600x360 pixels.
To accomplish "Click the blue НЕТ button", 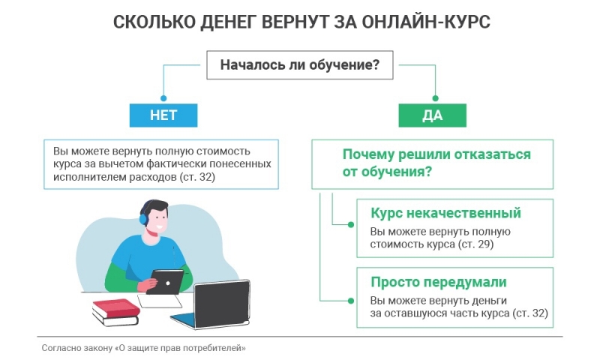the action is tap(163, 115).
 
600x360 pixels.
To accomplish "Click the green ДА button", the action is tap(433, 115).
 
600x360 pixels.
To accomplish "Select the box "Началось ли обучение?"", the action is tap(299, 65).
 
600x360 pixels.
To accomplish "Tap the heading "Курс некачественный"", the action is tap(445, 213).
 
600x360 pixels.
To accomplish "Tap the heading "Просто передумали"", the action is tap(439, 282).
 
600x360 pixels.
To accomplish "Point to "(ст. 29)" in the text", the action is tap(475, 244).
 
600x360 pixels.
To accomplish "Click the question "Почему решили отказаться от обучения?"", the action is tap(436, 163).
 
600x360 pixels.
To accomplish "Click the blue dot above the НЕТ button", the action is tap(163, 98).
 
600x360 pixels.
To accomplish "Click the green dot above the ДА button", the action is tap(435, 98).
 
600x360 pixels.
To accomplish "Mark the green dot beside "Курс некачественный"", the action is tap(350, 224).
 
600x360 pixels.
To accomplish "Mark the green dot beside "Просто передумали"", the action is tap(350, 301).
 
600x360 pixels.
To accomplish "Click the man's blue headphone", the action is tap(143, 219).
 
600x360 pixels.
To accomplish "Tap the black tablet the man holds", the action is tap(165, 281).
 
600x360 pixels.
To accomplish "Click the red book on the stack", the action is tap(116, 308).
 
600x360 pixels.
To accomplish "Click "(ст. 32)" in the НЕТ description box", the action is tap(197, 177).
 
